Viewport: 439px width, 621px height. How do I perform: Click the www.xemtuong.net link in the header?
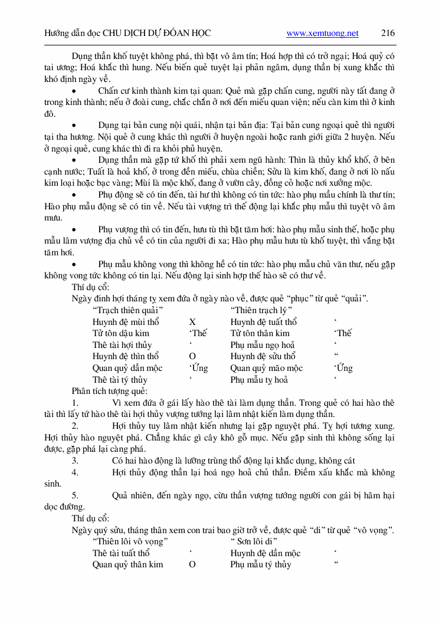pyautogui.click(x=322, y=34)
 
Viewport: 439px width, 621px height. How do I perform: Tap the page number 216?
pyautogui.click(x=388, y=34)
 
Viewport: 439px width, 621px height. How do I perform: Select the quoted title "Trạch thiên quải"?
pyautogui.click(x=128, y=310)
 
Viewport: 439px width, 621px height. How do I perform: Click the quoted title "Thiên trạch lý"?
pyautogui.click(x=261, y=310)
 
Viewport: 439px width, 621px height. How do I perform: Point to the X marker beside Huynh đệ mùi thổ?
pyautogui.click(x=192, y=322)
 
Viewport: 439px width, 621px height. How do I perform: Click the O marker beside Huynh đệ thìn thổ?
pyautogui.click(x=192, y=356)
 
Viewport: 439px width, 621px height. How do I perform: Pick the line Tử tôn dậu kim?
pyautogui.click(x=120, y=333)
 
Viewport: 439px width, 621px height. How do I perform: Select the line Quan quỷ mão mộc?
pyautogui.click(x=266, y=368)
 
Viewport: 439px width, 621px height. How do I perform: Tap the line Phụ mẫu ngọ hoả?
pyautogui.click(x=263, y=345)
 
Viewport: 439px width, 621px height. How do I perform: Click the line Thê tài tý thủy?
pyautogui.click(x=120, y=380)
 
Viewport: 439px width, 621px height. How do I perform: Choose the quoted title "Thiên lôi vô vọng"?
pyautogui.click(x=130, y=541)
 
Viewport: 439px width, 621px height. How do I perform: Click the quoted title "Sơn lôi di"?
pyautogui.click(x=254, y=541)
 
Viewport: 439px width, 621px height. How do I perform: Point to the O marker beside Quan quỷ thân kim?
pyautogui.click(x=192, y=564)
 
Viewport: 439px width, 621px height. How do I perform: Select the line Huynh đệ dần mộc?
pyautogui.click(x=265, y=553)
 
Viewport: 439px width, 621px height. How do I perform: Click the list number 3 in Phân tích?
pyautogui.click(x=75, y=461)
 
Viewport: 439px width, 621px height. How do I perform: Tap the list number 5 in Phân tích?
pyautogui.click(x=75, y=495)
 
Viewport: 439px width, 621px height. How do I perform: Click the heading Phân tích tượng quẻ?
pyautogui.click(x=109, y=391)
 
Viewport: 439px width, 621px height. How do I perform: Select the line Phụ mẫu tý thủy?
pyautogui.click(x=260, y=564)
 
